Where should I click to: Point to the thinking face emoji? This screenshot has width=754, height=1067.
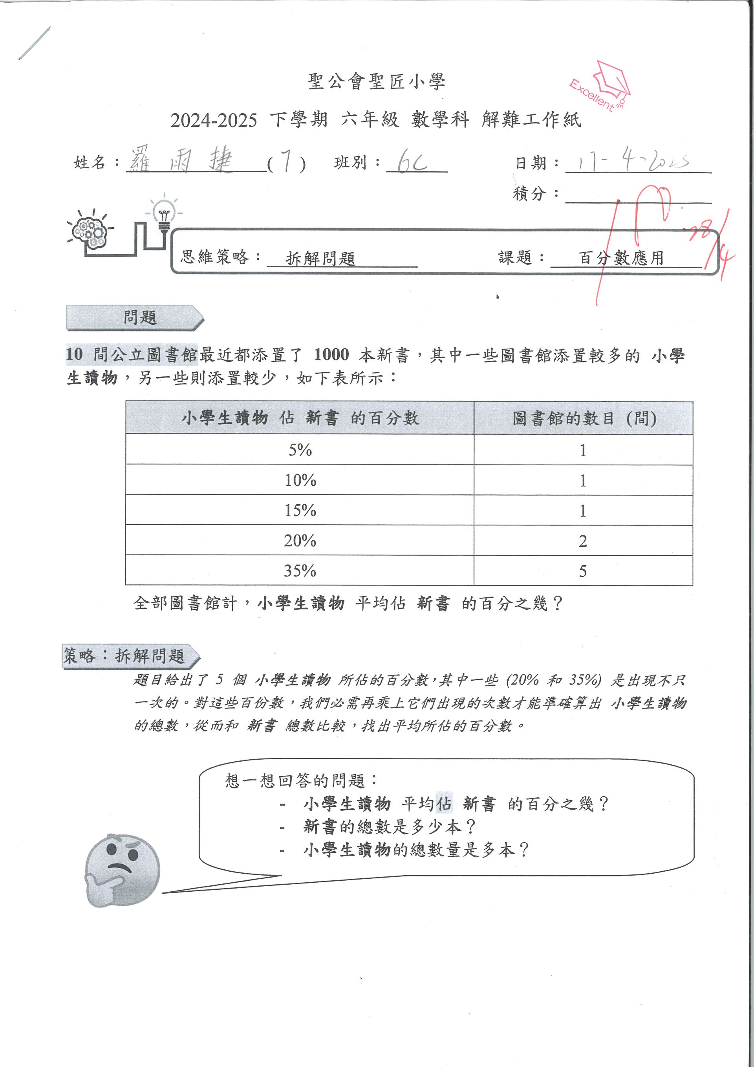[122, 869]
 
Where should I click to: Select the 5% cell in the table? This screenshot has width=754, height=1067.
[300, 450]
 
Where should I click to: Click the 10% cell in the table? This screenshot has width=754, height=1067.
[300, 480]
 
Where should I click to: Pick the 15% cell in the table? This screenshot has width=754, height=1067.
[300, 510]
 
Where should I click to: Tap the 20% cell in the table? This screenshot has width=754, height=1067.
[300, 540]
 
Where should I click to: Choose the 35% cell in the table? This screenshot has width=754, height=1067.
[300, 570]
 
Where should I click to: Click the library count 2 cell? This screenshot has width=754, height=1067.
[583, 540]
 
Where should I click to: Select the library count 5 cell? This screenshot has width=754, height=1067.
[583, 570]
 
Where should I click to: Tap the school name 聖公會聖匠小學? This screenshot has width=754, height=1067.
[377, 82]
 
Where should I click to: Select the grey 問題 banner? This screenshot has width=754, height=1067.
[135, 318]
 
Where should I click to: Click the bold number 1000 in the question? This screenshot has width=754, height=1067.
[331, 354]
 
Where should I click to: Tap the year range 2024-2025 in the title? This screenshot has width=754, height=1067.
[214, 120]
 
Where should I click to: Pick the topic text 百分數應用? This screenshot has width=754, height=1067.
[621, 257]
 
